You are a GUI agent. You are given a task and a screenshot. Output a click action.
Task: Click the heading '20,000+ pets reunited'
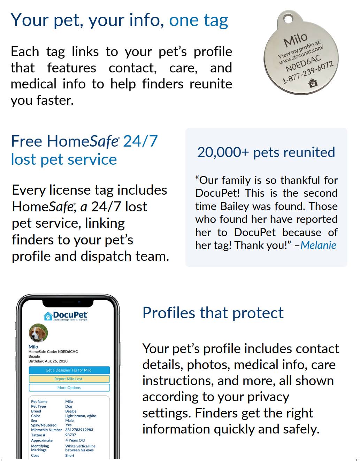266,152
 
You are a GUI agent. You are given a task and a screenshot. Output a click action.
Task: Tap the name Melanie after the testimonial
318,245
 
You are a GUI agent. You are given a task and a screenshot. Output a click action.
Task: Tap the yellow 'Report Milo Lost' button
69,379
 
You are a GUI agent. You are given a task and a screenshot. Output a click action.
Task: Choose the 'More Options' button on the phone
69,388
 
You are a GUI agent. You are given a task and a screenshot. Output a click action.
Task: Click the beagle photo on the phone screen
38,333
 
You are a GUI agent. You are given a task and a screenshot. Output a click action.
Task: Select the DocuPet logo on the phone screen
66,316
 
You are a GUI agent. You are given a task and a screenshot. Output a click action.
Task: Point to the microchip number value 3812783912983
79,430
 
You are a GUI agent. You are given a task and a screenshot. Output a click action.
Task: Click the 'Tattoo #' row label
38,435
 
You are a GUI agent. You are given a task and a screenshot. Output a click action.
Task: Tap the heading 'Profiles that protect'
213,313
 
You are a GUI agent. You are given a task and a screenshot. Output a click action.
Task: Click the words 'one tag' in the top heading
198,20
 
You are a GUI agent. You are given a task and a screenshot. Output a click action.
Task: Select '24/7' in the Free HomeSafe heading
140,141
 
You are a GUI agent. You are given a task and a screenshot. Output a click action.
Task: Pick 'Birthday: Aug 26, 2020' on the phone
48,361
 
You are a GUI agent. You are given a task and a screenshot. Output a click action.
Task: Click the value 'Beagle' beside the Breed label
71,411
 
